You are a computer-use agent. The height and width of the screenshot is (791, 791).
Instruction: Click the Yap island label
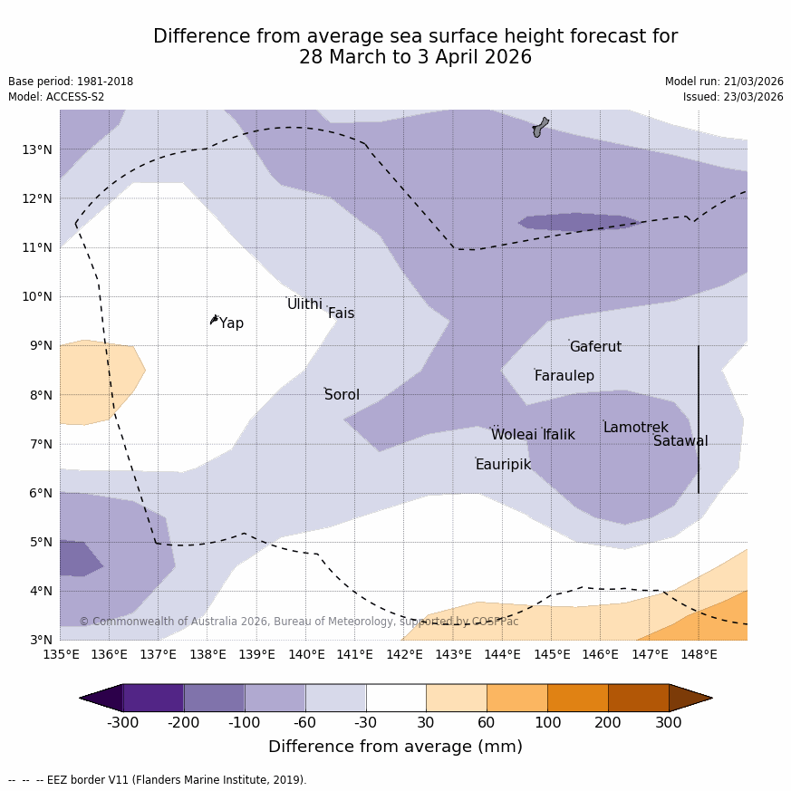pyautogui.click(x=231, y=323)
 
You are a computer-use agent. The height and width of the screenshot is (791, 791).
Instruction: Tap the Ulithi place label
pyautogui.click(x=304, y=304)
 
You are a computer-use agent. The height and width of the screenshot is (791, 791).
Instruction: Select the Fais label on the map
pyautogui.click(x=341, y=314)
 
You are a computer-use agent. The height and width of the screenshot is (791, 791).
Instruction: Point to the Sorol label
pyautogui.click(x=342, y=395)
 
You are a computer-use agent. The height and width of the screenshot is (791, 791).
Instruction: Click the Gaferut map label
pyautogui.click(x=595, y=347)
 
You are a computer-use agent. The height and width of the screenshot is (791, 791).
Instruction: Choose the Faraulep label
pyautogui.click(x=564, y=376)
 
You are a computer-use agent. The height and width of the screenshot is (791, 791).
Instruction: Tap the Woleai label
pyautogui.click(x=514, y=435)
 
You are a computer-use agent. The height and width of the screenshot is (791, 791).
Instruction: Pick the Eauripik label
pyautogui.click(x=503, y=465)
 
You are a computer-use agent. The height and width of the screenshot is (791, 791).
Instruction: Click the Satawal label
pyautogui.click(x=680, y=441)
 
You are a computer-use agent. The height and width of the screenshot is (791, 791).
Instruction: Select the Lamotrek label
pyautogui.click(x=635, y=428)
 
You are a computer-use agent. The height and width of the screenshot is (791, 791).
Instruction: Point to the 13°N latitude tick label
pyautogui.click(x=36, y=150)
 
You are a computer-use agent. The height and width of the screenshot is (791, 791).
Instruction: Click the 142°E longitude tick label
pyautogui.click(x=404, y=654)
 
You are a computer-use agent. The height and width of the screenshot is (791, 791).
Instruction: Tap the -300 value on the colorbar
pyautogui.click(x=123, y=722)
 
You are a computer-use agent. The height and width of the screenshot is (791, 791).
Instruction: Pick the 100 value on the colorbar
pyautogui.click(x=547, y=722)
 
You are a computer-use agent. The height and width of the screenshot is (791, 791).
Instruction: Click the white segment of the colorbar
pyautogui.click(x=396, y=698)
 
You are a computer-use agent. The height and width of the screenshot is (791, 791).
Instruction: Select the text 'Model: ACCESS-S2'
pyautogui.click(x=56, y=97)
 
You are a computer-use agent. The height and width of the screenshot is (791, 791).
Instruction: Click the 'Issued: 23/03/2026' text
pyautogui.click(x=733, y=97)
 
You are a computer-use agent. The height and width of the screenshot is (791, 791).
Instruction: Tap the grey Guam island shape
pyautogui.click(x=540, y=127)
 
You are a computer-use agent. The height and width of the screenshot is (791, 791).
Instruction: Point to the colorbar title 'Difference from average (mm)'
pyautogui.click(x=395, y=748)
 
